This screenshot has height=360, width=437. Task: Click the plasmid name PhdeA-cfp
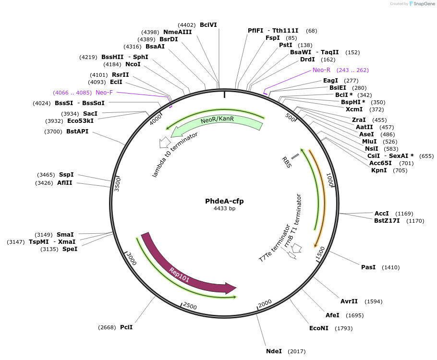click(x=224, y=201)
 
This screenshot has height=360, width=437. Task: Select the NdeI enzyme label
click(x=274, y=351)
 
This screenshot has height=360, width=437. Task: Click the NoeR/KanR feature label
click(x=217, y=120)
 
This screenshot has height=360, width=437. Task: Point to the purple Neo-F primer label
click(x=104, y=92)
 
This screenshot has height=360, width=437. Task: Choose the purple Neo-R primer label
click(x=322, y=70)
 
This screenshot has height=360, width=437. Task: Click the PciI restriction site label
click(x=126, y=327)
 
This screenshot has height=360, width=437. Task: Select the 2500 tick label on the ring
click(x=190, y=306)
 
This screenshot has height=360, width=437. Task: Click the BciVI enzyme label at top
click(x=208, y=25)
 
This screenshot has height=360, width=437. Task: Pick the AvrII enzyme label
click(x=349, y=301)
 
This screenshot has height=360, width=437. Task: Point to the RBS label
click(x=286, y=162)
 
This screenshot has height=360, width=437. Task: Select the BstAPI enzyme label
click(x=77, y=131)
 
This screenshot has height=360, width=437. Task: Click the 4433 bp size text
click(x=224, y=209)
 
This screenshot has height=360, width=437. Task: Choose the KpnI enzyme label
click(x=379, y=170)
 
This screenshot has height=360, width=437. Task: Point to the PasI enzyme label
click(x=368, y=267)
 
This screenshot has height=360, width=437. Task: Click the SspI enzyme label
click(x=66, y=175)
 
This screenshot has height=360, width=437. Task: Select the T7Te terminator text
click(x=274, y=243)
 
